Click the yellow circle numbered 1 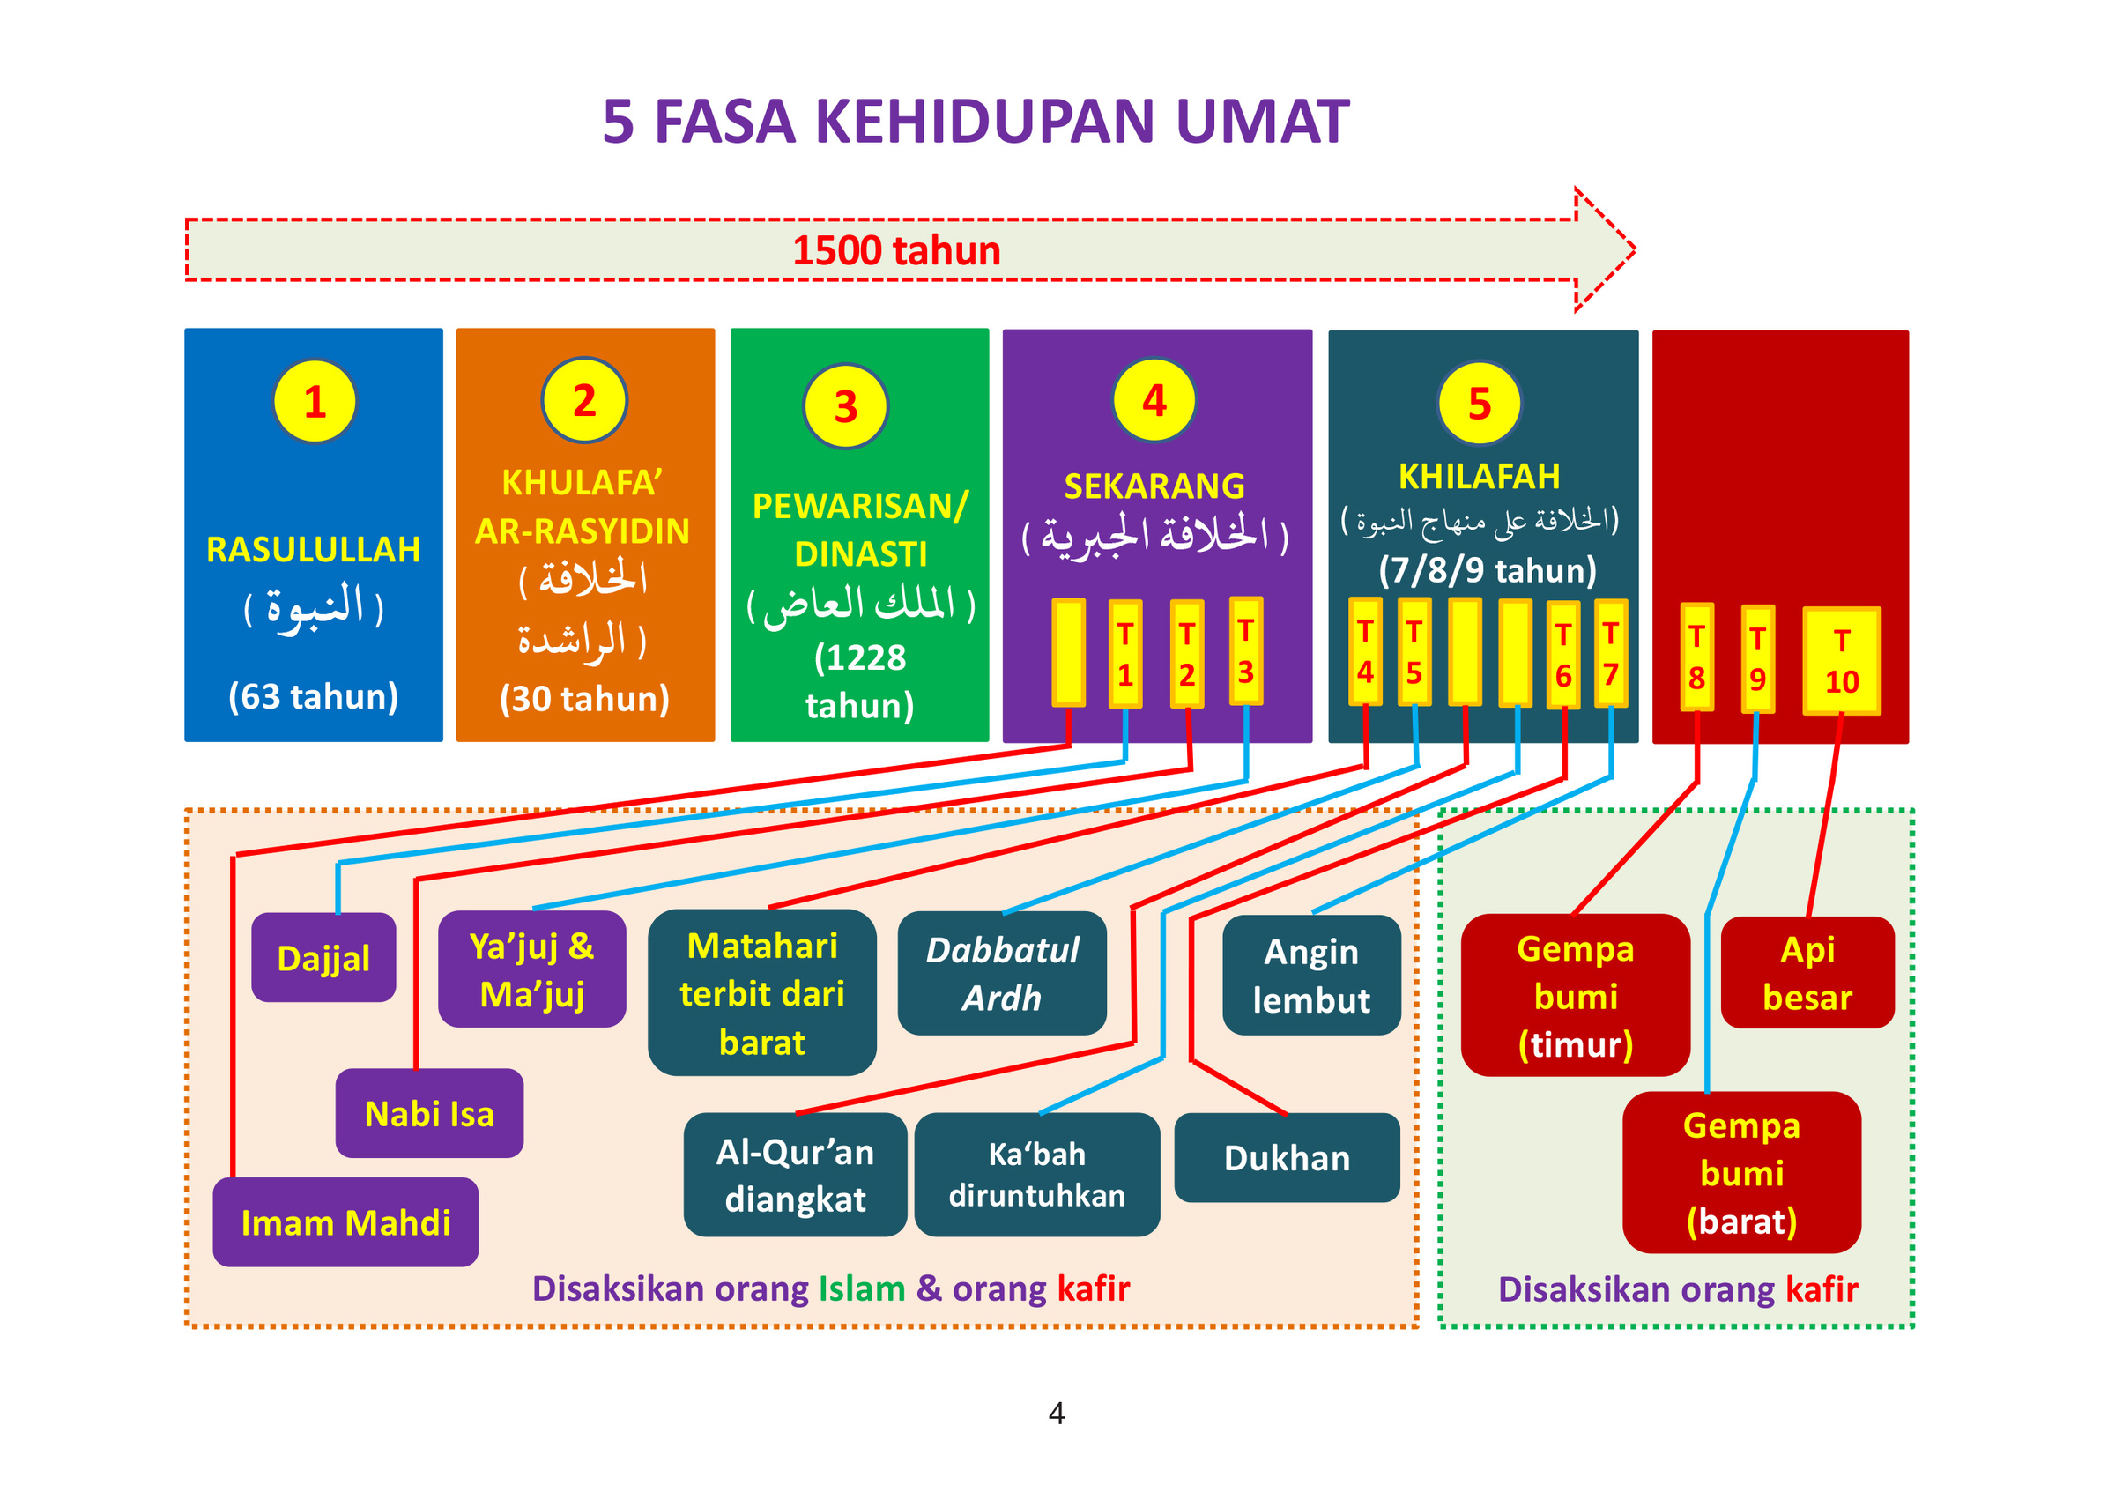[314, 402]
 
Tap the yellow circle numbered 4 [1154, 401]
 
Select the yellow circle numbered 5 [1479, 404]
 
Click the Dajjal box [323, 958]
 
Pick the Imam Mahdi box [345, 1221]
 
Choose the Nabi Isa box [429, 1113]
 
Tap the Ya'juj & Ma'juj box [531, 969]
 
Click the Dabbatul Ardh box [1001, 973]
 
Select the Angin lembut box [1310, 975]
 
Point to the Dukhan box [1287, 1157]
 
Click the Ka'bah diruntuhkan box [1036, 1174]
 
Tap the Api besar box [1807, 972]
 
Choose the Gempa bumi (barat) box [1741, 1172]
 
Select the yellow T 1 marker [1124, 654]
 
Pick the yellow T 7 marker [1610, 653]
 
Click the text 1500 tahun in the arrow [896, 250]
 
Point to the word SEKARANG [1154, 486]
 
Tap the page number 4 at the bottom [1057, 1412]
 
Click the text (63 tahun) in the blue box [313, 695]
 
